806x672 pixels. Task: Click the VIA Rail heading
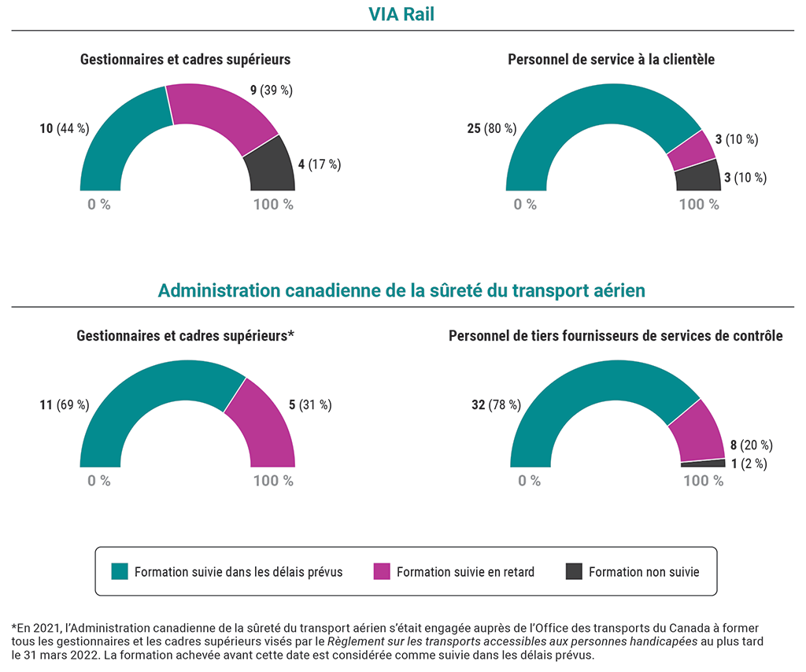[402, 14]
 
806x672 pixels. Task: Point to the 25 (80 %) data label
[490, 128]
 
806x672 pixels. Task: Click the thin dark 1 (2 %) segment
[703, 463]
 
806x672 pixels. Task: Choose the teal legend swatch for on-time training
[120, 571]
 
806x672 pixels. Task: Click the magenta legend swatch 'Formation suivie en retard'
[382, 571]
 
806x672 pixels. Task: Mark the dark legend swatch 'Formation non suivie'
[574, 571]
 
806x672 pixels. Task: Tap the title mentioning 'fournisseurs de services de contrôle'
[616, 336]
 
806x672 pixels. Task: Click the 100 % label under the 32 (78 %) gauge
[703, 481]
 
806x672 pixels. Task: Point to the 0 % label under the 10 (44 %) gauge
[99, 205]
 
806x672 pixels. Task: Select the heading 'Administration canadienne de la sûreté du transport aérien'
[401, 290]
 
